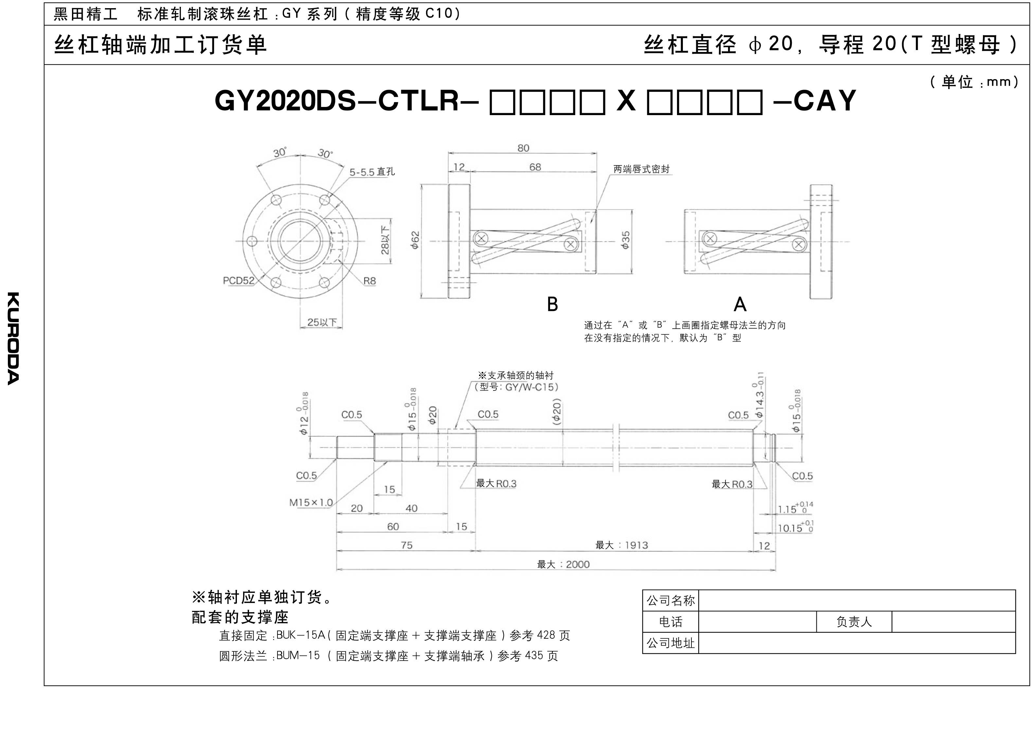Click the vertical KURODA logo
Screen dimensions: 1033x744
tap(13, 338)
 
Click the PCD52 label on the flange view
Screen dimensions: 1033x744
tap(238, 281)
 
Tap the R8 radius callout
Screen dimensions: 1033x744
tap(369, 281)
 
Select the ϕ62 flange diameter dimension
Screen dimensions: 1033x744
tap(415, 240)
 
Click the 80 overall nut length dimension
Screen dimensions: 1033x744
tap(523, 148)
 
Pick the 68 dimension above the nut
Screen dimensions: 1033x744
tap(535, 167)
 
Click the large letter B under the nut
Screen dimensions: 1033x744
tap(552, 304)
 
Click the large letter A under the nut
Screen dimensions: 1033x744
tap(740, 304)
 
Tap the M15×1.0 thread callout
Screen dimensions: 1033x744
tap(311, 503)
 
